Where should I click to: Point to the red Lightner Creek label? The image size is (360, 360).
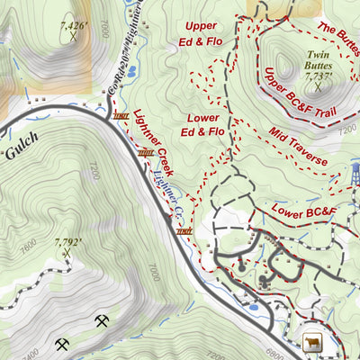click(x=154, y=144)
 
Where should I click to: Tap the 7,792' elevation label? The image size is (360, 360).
click(x=67, y=242)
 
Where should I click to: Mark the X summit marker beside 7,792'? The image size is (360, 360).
click(x=66, y=254)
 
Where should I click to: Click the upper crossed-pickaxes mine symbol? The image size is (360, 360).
click(x=102, y=320)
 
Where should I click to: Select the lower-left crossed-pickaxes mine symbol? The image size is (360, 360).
click(x=61, y=344)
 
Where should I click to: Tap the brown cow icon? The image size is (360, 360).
click(x=312, y=342)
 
